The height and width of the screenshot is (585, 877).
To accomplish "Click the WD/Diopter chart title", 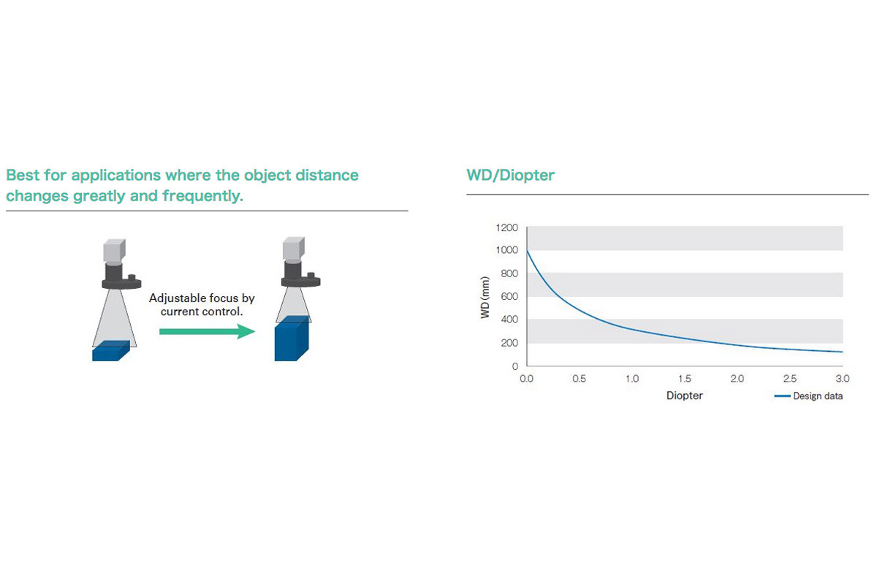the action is [510, 175].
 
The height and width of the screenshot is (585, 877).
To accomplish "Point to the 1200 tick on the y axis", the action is [506, 227].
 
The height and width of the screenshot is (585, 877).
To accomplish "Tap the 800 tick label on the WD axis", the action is [509, 273].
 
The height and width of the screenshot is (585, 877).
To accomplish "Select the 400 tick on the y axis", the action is [509, 320].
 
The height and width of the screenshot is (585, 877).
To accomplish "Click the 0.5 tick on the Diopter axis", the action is [579, 379].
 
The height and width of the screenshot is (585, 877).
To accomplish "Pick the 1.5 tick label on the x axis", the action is [685, 379].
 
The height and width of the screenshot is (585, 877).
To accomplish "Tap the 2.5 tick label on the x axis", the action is [790, 379].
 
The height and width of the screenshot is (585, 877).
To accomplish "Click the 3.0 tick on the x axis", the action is [843, 379].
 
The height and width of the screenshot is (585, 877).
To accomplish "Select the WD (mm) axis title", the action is [485, 298].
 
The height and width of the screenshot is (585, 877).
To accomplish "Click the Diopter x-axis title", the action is [684, 396].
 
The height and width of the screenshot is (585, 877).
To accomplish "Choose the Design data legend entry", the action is [808, 396].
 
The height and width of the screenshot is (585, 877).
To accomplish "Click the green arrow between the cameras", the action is [207, 331].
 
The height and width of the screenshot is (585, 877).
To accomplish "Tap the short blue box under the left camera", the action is [111, 351].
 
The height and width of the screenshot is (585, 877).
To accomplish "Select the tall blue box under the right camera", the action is [292, 339].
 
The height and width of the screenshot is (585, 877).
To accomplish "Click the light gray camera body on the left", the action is [114, 250].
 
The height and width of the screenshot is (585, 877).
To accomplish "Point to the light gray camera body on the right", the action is [294, 248].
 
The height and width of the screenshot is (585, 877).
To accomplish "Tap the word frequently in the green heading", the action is [203, 196].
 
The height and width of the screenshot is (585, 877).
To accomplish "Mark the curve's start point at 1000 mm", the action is [527, 250].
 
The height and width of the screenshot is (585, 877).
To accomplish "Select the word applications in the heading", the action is [116, 175].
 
